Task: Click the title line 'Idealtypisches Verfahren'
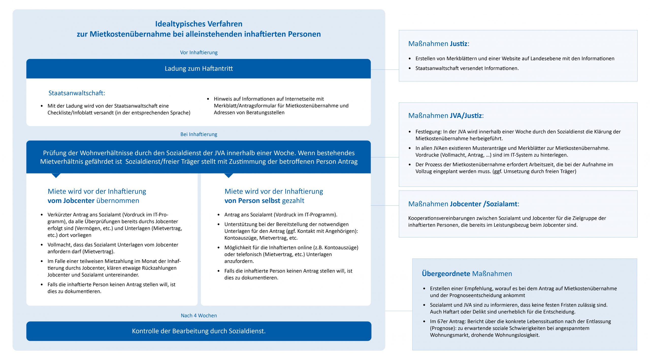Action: (x=199, y=24)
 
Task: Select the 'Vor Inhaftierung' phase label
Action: (x=199, y=53)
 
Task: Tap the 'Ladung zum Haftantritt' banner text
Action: (x=199, y=69)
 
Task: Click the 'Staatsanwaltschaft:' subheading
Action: (x=77, y=93)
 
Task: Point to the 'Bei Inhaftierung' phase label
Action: (x=199, y=134)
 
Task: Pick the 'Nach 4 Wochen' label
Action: (x=199, y=316)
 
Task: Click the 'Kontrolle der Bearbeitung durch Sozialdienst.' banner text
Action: (x=199, y=331)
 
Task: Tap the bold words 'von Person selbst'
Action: (x=252, y=201)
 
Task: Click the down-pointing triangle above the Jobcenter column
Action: (x=56, y=175)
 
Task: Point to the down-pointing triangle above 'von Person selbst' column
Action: (x=229, y=175)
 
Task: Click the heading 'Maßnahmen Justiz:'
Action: (x=438, y=44)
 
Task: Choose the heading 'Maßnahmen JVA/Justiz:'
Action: (x=446, y=116)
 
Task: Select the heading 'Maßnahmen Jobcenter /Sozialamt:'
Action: (x=463, y=204)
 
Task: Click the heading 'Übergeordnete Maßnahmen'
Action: (x=467, y=274)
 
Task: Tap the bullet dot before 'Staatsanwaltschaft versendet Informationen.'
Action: (x=410, y=68)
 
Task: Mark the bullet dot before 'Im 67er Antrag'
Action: (x=424, y=321)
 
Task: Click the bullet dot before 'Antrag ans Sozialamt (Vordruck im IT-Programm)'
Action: (x=219, y=215)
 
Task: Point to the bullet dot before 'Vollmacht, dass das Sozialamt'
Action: (x=42, y=245)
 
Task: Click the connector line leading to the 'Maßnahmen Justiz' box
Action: (x=385, y=70)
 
